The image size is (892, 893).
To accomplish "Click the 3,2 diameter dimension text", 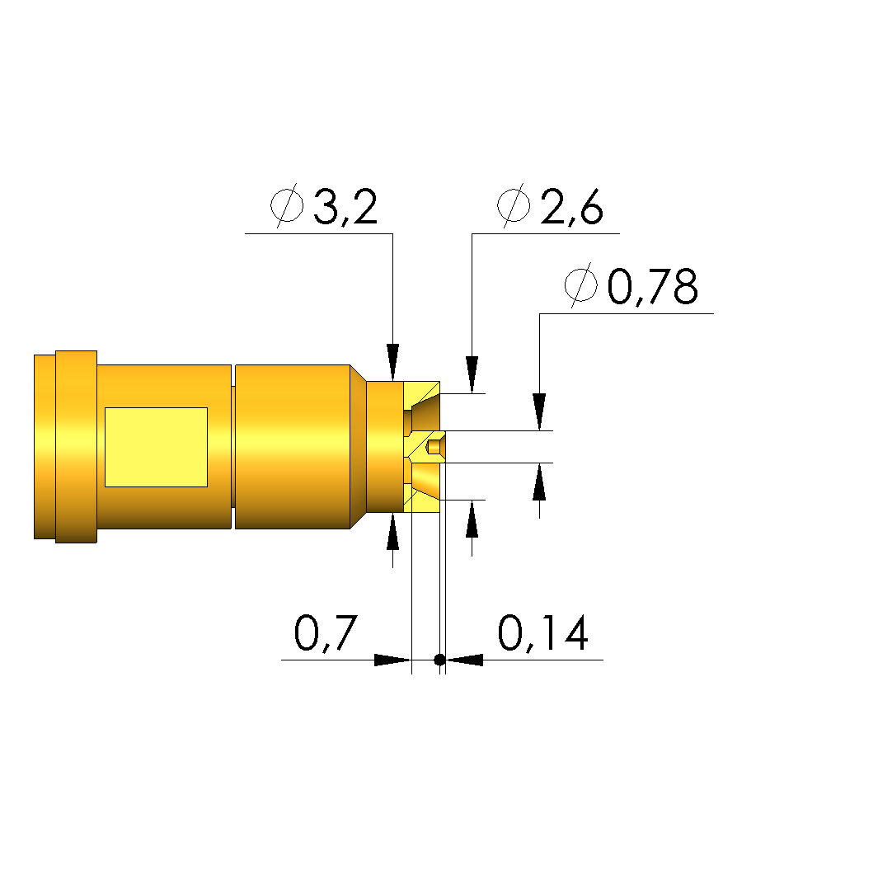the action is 345,207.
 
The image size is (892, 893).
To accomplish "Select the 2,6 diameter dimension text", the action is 571,207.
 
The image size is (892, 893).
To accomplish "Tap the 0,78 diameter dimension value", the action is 652,286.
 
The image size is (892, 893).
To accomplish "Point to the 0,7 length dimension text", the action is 326,633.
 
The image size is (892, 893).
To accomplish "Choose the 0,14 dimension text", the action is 543,633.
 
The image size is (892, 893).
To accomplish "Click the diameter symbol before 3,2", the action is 287,205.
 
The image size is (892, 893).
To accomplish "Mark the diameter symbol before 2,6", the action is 514,205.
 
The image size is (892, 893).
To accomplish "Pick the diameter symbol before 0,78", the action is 581,284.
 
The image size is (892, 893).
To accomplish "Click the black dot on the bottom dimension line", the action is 439,660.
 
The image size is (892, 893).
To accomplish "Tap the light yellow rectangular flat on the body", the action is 156,447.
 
